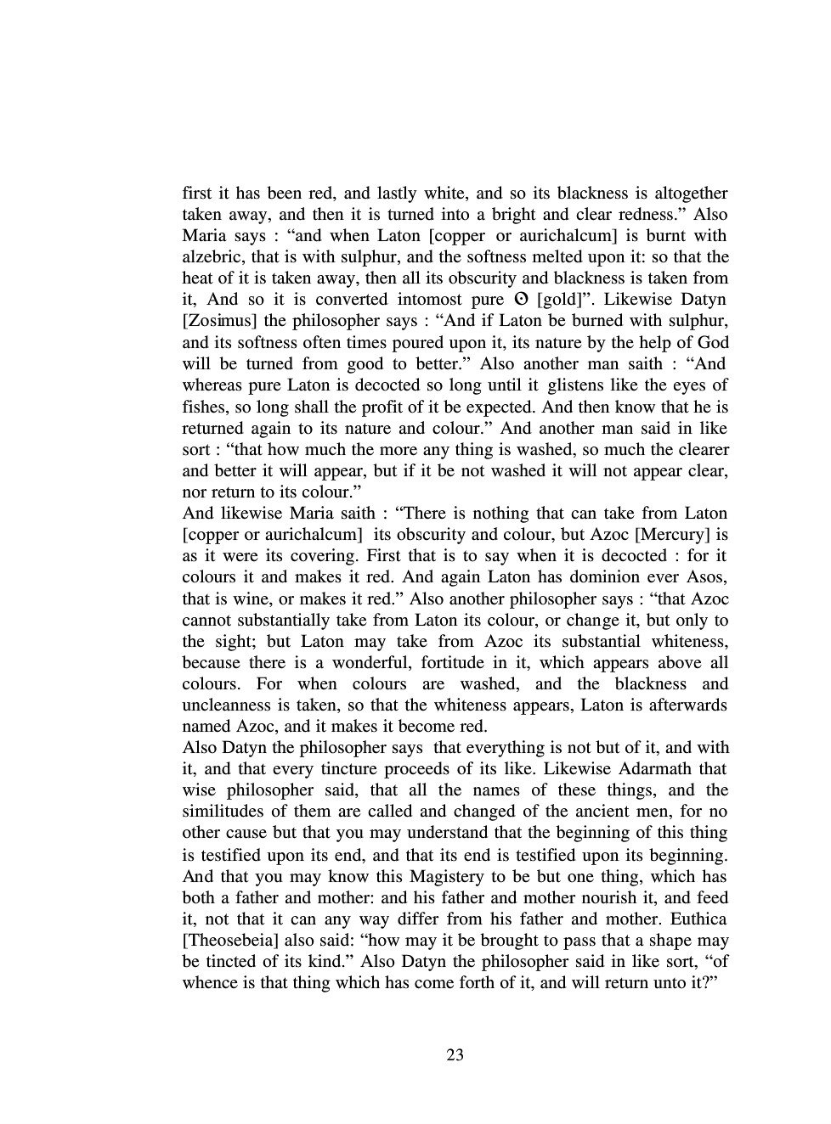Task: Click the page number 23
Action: point(455,1054)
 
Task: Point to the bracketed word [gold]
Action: point(562,300)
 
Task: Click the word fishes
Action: point(205,407)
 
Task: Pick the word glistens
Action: point(579,385)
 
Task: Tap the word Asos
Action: point(708,577)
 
